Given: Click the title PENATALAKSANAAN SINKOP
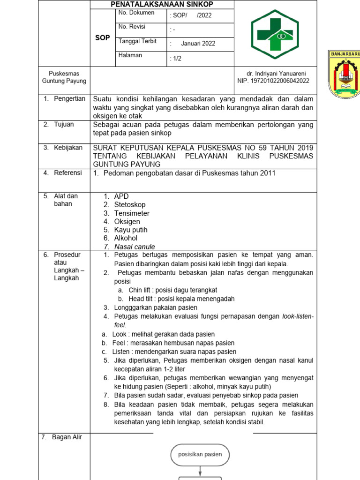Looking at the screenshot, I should [x=162, y=4].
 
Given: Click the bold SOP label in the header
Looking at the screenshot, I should [x=102, y=37].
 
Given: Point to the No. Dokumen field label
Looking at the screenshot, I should [x=136, y=13].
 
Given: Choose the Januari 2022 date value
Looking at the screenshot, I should [x=198, y=44].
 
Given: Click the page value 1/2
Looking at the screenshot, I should [x=176, y=59].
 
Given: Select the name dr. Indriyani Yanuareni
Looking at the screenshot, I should [x=276, y=74].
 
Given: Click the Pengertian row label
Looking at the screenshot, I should [x=69, y=99].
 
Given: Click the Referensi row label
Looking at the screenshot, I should [x=68, y=173].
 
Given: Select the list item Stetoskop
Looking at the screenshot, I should [x=130, y=205].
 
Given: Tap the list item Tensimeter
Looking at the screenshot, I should [x=132, y=213].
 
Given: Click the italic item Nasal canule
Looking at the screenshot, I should [x=135, y=247].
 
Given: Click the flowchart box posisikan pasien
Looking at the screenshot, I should [x=200, y=454].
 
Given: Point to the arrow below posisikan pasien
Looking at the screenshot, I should [x=200, y=470].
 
